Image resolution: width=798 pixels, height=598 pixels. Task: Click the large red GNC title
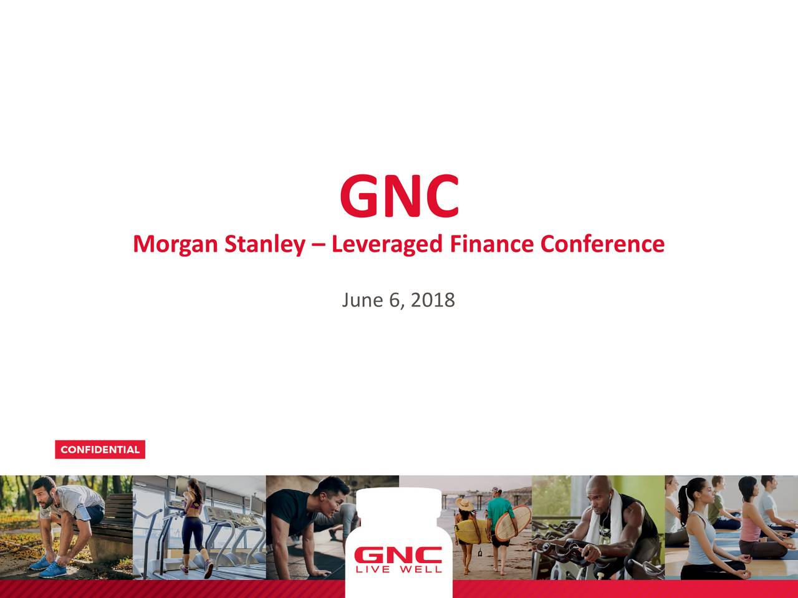pos(399,196)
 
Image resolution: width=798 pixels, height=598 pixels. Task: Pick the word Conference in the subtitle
pos(602,243)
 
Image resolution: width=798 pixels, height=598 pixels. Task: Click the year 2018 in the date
pos(433,300)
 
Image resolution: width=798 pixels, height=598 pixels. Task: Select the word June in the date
pos(362,300)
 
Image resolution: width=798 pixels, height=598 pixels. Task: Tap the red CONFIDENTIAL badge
pos(100,450)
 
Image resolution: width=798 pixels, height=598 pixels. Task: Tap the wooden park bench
pos(112,529)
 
